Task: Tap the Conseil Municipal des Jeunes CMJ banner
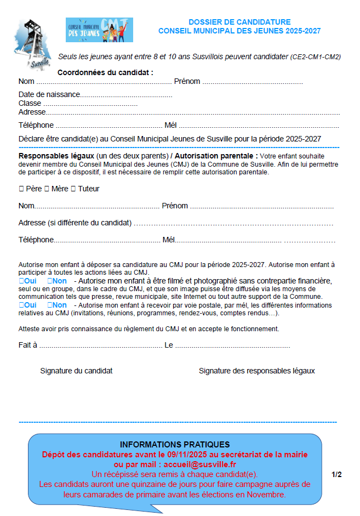pyautogui.click(x=99, y=30)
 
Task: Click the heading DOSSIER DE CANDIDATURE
pyautogui.click(x=239, y=22)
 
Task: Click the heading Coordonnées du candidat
pyautogui.click(x=105, y=72)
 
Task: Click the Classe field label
pyautogui.click(x=30, y=103)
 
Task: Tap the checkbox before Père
pyautogui.click(x=21, y=189)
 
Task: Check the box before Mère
pyautogui.click(x=47, y=189)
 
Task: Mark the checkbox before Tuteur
pyautogui.click(x=73, y=189)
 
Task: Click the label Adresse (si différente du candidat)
pyautogui.click(x=75, y=223)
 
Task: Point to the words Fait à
pyautogui.click(x=27, y=345)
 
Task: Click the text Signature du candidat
pyautogui.click(x=76, y=371)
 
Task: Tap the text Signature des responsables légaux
pyautogui.click(x=256, y=371)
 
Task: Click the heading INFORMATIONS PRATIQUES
pyautogui.click(x=175, y=444)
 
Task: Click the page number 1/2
pyautogui.click(x=336, y=474)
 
